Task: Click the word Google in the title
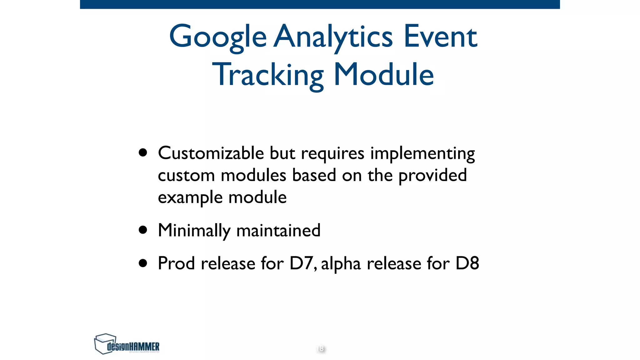click(x=217, y=37)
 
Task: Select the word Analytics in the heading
click(x=333, y=37)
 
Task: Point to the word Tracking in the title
click(x=268, y=75)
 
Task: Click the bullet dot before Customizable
click(x=143, y=153)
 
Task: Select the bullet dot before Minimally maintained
click(x=143, y=230)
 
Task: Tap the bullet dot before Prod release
click(x=143, y=263)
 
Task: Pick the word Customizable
click(x=211, y=153)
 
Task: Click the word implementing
click(x=422, y=154)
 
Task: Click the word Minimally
click(x=194, y=231)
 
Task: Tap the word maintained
click(x=278, y=231)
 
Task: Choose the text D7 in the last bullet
click(x=302, y=263)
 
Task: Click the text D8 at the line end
click(x=467, y=263)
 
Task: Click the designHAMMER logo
click(x=127, y=344)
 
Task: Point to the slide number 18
click(x=321, y=348)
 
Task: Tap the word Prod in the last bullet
click(x=176, y=263)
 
